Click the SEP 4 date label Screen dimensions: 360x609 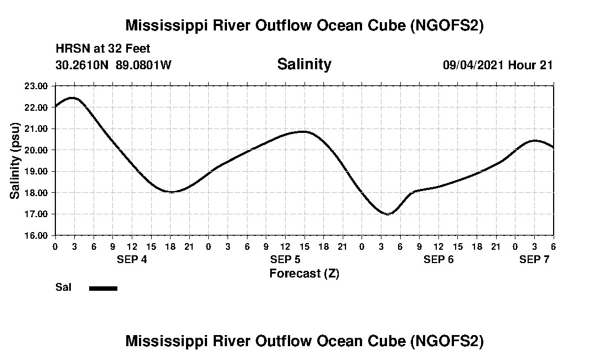pyautogui.click(x=132, y=259)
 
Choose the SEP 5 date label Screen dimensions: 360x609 pyautogui.click(x=285, y=259)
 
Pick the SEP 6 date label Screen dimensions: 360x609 pyautogui.click(x=438, y=259)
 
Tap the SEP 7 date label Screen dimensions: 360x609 pyautogui.click(x=534, y=259)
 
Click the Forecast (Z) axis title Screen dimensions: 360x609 pyautogui.click(x=304, y=274)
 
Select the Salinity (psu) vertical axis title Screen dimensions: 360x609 pyautogui.click(x=16, y=161)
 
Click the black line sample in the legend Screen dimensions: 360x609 pyautogui.click(x=103, y=288)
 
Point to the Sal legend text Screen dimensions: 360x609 pyautogui.click(x=63, y=287)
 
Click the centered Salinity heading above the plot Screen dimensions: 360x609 pyautogui.click(x=304, y=64)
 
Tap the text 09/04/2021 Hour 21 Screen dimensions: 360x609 pyautogui.click(x=498, y=65)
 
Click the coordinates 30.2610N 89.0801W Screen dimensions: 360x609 pyautogui.click(x=113, y=65)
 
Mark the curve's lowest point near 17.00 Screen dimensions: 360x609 pyautogui.click(x=388, y=214)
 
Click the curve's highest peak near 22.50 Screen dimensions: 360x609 pyautogui.click(x=73, y=97)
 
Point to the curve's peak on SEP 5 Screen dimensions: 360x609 pyautogui.click(x=302, y=131)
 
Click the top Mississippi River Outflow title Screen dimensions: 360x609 pyautogui.click(x=304, y=25)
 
